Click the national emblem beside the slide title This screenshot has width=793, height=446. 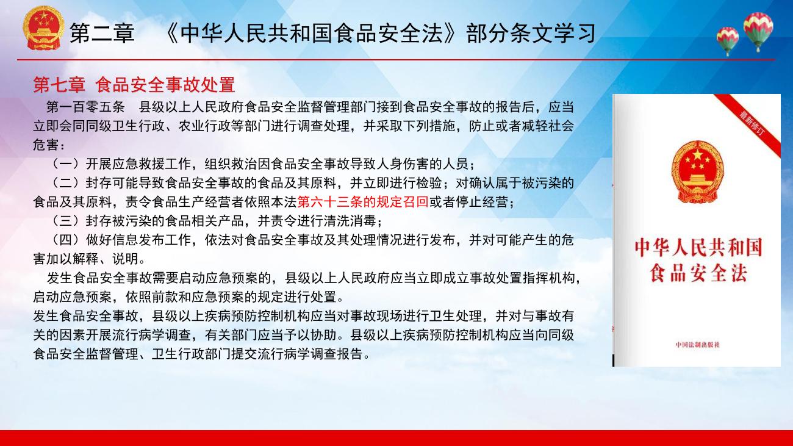tap(43, 27)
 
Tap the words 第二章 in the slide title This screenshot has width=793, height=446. tap(102, 34)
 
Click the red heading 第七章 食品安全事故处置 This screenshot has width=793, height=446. tap(134, 85)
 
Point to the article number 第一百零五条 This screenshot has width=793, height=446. tap(85, 107)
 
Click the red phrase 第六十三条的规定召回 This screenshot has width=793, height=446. tap(363, 202)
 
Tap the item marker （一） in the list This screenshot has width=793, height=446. tap(65, 164)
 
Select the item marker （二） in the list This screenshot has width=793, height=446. tap(65, 182)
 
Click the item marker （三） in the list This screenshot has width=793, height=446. tap(65, 221)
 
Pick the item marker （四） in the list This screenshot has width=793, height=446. tap(65, 240)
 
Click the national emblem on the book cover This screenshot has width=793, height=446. tap(697, 172)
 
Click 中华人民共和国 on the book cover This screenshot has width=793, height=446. tap(698, 248)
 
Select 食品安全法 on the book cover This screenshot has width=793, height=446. tap(698, 273)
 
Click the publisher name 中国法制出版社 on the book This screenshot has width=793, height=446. tap(698, 344)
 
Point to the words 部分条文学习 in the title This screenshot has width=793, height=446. tap(531, 34)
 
